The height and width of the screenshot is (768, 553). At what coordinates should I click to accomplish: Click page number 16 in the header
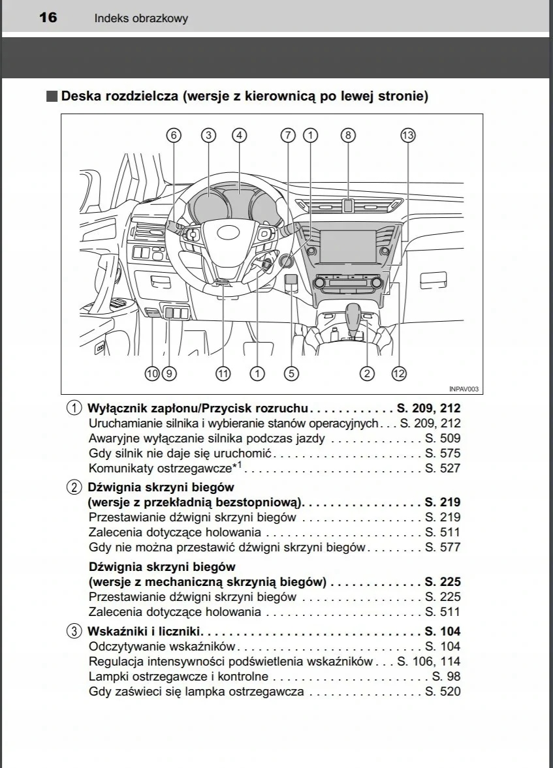(x=48, y=17)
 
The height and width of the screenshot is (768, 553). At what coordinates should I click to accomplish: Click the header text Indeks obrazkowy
(x=141, y=18)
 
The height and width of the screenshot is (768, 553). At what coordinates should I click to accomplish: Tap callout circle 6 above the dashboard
(x=173, y=135)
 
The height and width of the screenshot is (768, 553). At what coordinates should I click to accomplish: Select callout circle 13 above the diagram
(x=408, y=135)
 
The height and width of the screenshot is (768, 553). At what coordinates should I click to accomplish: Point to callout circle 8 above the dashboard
(x=348, y=135)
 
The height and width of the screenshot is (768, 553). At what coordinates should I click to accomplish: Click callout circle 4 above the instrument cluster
(x=240, y=135)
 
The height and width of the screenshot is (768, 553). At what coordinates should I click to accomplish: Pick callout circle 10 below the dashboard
(x=152, y=373)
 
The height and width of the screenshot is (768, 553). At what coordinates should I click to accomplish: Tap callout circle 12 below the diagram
(x=399, y=373)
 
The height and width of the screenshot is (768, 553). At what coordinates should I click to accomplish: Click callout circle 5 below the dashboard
(x=291, y=373)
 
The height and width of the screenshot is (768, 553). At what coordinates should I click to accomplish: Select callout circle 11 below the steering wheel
(x=223, y=373)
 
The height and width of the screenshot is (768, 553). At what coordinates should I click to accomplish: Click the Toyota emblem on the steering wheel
(x=228, y=233)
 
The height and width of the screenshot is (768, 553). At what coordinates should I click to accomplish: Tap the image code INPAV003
(x=464, y=389)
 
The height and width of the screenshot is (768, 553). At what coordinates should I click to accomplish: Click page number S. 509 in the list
(x=443, y=438)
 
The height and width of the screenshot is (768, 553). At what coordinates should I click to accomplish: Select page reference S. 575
(x=443, y=453)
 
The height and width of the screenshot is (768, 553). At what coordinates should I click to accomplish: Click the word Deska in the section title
(x=80, y=97)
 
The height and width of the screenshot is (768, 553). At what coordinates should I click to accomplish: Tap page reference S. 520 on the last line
(x=443, y=691)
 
